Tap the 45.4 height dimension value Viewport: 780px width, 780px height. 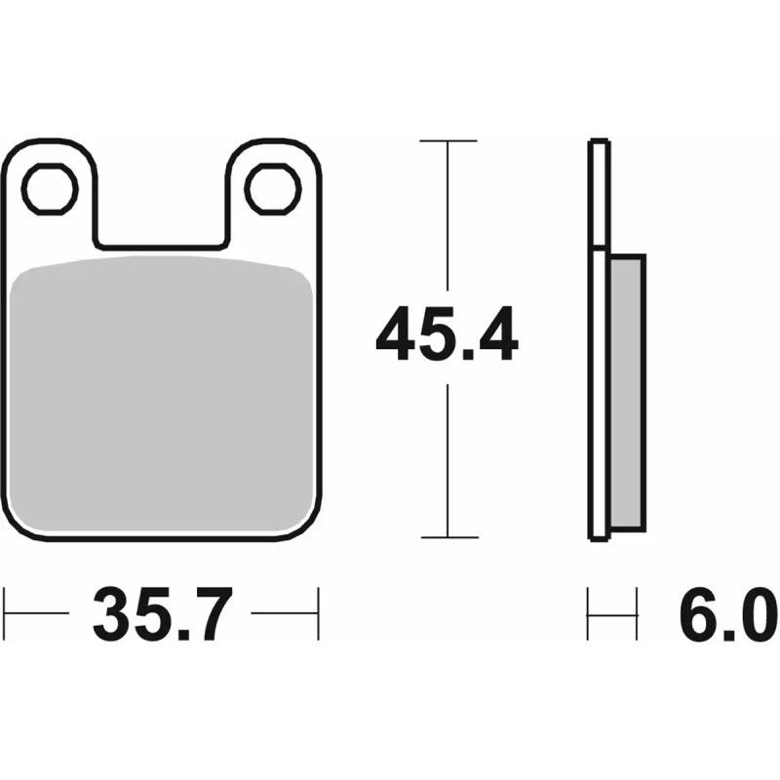point(448,334)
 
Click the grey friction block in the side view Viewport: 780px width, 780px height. point(625,389)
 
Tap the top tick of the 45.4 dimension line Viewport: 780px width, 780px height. point(448,141)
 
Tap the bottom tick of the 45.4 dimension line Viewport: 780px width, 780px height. point(448,537)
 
